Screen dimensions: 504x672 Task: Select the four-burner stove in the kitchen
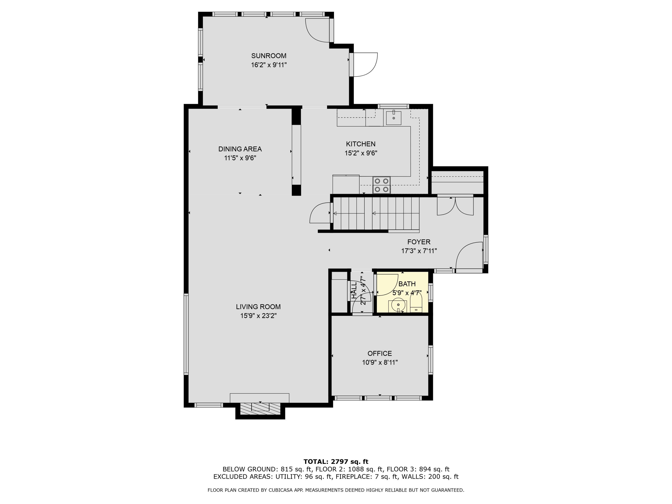(381, 185)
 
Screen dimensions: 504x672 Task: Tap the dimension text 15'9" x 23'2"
(258, 316)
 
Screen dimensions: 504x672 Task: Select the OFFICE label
(379, 353)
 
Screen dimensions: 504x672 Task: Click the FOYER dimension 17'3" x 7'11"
(419, 251)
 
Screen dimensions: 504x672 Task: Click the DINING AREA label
(240, 149)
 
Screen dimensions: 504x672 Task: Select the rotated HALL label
(354, 290)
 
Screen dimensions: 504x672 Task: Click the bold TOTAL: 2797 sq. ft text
(336, 462)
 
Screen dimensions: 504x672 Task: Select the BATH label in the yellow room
(407, 284)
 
